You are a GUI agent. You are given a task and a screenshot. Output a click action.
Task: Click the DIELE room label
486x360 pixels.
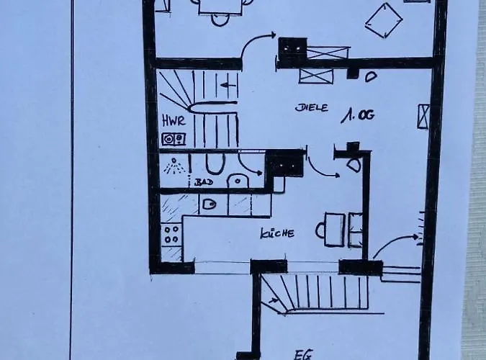coord(312,108)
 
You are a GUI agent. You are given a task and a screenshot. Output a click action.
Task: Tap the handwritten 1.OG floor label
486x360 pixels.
coord(359,114)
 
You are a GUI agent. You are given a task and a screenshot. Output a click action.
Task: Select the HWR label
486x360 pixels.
coord(172,120)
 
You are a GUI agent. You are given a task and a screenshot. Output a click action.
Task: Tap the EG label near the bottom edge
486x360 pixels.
coord(303,354)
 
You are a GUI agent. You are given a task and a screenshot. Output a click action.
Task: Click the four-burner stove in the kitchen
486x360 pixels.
coord(171,234)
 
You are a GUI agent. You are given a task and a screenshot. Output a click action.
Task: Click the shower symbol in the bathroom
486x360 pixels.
coord(173,166)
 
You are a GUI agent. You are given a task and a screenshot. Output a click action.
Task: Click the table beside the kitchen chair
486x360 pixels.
coord(333,229)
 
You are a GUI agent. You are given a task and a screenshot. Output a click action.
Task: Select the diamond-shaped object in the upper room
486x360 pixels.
coord(383,20)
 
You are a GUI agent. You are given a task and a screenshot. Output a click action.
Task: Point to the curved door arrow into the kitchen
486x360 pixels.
coord(322,168)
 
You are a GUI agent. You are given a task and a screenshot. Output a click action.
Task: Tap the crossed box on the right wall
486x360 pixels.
coord(423,116)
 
